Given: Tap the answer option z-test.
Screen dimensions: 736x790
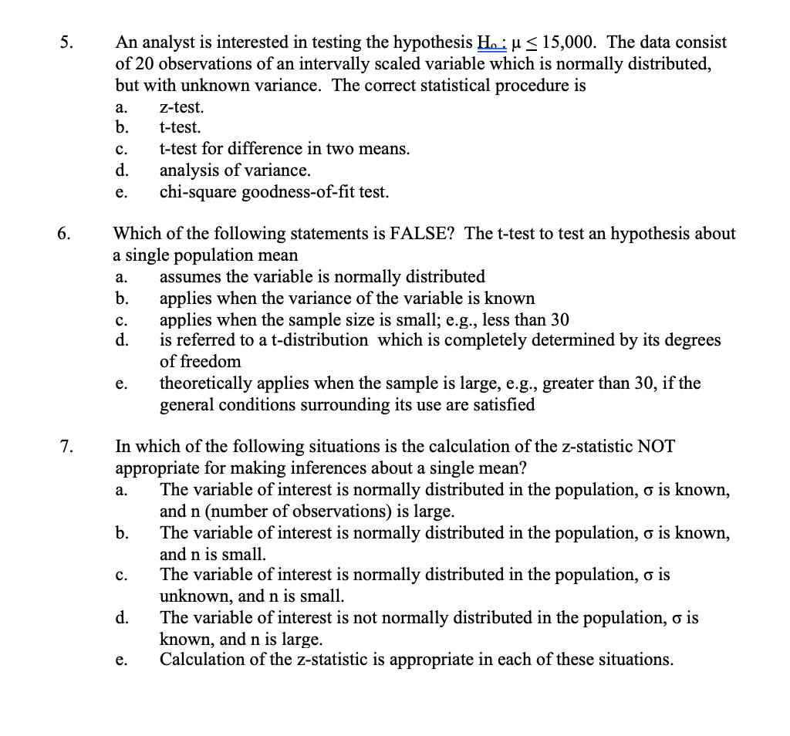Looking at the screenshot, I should click(x=182, y=107).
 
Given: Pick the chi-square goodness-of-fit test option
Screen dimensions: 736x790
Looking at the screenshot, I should click(x=274, y=191).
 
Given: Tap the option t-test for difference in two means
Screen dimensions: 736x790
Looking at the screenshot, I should click(x=284, y=149).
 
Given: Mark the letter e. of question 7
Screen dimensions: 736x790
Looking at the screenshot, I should click(x=121, y=660).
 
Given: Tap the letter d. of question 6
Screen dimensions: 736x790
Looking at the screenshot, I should click(x=121, y=340).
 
